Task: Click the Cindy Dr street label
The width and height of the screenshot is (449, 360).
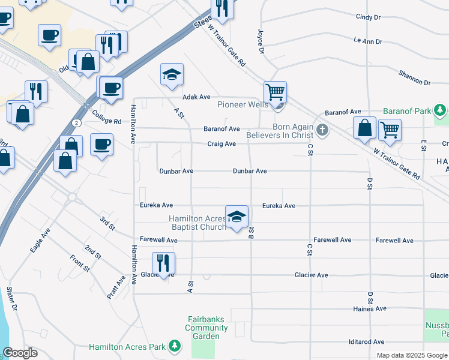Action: (368, 17)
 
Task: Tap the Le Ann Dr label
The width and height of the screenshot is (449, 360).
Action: (368, 41)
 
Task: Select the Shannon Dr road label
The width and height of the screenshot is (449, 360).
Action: (414, 77)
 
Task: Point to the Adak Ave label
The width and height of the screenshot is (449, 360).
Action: (196, 97)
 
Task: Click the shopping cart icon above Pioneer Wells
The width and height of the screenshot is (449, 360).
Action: (275, 92)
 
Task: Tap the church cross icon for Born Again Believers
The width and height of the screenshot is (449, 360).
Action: (322, 130)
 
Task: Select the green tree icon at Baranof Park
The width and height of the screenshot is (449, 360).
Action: (441, 111)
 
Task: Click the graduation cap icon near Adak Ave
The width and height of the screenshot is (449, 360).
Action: (172, 75)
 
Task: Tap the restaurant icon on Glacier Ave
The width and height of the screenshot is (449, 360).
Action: (163, 263)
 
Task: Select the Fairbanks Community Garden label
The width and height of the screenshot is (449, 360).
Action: (206, 323)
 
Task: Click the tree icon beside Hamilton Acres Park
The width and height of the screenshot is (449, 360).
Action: (175, 346)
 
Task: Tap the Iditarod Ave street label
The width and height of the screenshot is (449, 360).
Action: (366, 342)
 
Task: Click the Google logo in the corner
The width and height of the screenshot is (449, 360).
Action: (20, 353)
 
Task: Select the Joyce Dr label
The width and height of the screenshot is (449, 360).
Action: (261, 41)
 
